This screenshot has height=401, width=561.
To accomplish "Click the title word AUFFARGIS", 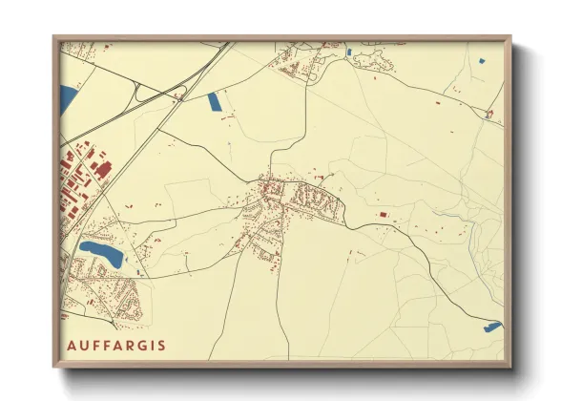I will (115, 345).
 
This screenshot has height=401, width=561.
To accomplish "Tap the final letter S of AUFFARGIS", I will (161, 345).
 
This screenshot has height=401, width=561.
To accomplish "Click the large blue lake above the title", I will (101, 253).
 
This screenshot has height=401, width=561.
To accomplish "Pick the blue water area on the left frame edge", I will (67, 97).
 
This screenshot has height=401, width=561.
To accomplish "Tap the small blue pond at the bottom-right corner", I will (492, 327).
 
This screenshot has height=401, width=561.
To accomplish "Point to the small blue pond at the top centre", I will (349, 51).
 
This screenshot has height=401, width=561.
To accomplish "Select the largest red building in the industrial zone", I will (102, 169).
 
